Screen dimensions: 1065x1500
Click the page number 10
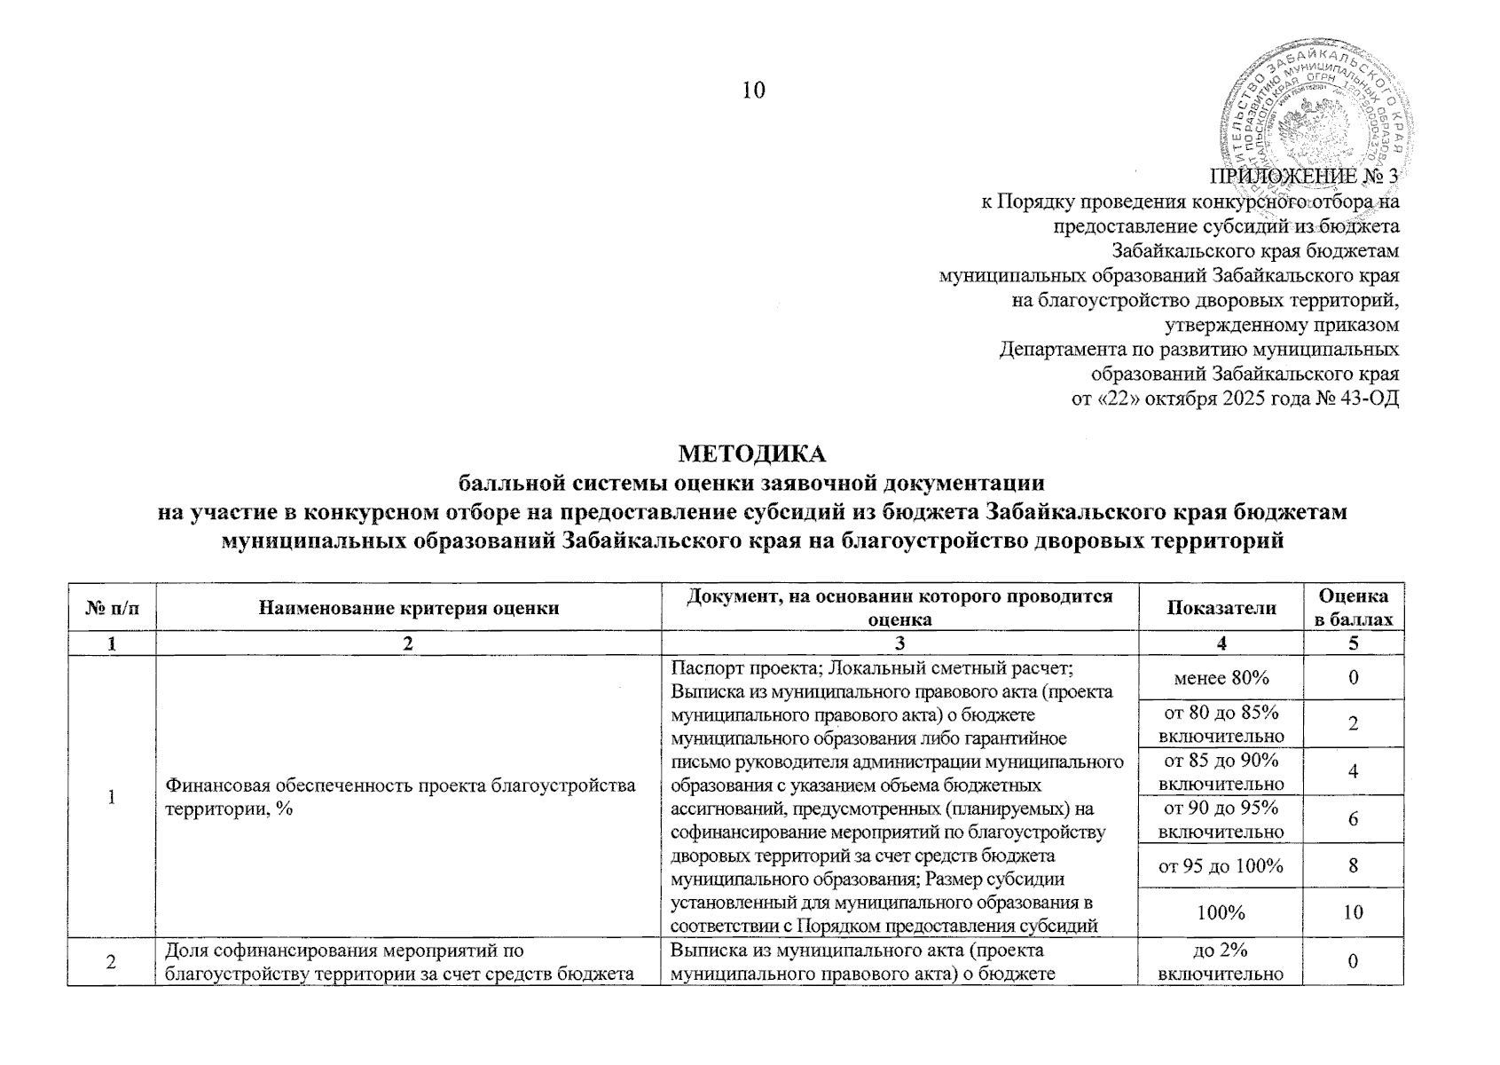pos(753,91)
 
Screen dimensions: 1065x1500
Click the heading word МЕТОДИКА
pos(752,454)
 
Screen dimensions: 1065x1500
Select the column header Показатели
pos(1221,607)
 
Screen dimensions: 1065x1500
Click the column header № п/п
pos(112,607)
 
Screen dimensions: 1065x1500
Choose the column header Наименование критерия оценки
pos(409,607)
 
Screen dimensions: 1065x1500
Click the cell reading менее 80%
pos(1221,678)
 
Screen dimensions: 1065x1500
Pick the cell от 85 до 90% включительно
pos(1221,771)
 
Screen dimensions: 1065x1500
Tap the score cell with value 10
pos(1353,911)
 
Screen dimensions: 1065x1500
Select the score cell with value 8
pos(1353,864)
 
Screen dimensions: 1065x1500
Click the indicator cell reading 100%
pos(1221,911)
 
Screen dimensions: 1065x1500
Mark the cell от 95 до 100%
pos(1221,864)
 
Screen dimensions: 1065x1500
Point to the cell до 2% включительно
pos(1221,961)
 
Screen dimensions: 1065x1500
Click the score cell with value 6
pos(1353,818)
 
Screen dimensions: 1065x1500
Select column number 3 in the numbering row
pos(899,643)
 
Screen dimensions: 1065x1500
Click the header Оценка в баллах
pos(1353,607)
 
